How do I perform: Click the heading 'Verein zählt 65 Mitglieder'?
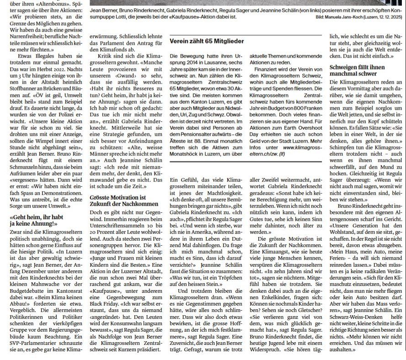207,41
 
